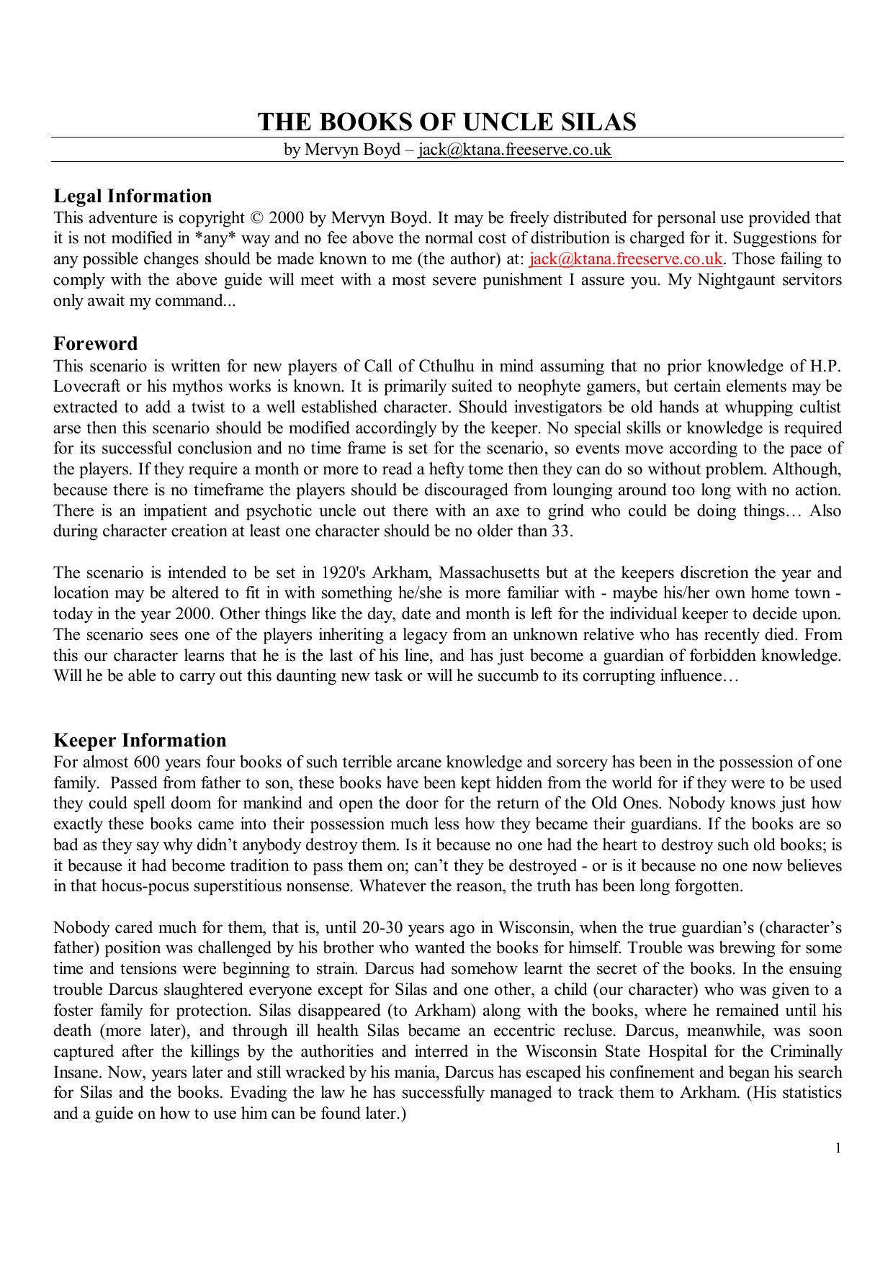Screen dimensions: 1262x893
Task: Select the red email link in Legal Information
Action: [x=626, y=259]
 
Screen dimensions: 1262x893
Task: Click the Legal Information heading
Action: [x=133, y=197]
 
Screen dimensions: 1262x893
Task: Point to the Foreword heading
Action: [x=95, y=343]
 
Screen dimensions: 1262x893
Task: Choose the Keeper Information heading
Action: [x=140, y=741]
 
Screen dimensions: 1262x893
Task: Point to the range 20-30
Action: [x=395, y=928]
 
